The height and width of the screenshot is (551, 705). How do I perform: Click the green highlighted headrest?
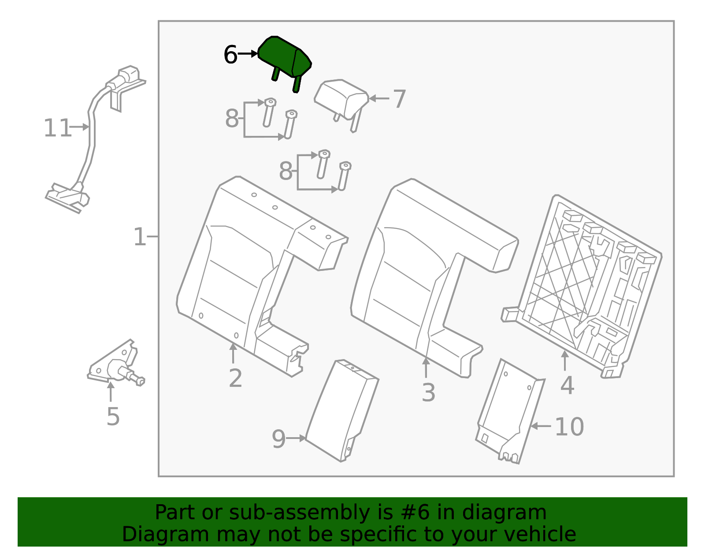pyautogui.click(x=282, y=58)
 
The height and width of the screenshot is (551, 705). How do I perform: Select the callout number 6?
pyautogui.click(x=230, y=55)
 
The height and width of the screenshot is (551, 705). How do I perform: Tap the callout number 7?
pyautogui.click(x=399, y=99)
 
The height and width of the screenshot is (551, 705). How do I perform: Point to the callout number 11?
pyautogui.click(x=57, y=128)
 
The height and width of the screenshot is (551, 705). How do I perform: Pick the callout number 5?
pyautogui.click(x=113, y=416)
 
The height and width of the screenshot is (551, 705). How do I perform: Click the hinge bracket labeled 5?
pyautogui.click(x=116, y=363)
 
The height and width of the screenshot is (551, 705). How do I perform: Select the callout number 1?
pyautogui.click(x=140, y=237)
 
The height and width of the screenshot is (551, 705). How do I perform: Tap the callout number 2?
pyautogui.click(x=235, y=378)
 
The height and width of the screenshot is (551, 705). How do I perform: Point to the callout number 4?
pyautogui.click(x=567, y=386)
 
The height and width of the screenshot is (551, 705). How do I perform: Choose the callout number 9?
pyautogui.click(x=278, y=439)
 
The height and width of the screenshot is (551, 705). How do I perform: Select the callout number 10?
pyautogui.click(x=569, y=427)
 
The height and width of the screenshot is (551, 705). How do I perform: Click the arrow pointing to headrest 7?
pyautogui.click(x=379, y=98)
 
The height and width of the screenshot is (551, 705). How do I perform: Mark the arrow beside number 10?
pyautogui.click(x=541, y=426)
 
